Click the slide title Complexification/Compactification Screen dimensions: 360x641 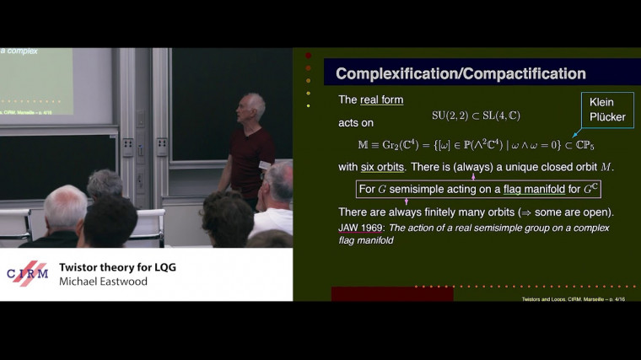(461, 74)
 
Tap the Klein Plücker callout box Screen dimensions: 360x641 (607, 109)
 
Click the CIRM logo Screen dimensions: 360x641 (28, 274)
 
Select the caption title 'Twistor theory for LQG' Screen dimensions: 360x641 (117, 267)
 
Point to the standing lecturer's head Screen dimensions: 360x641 (252, 106)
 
